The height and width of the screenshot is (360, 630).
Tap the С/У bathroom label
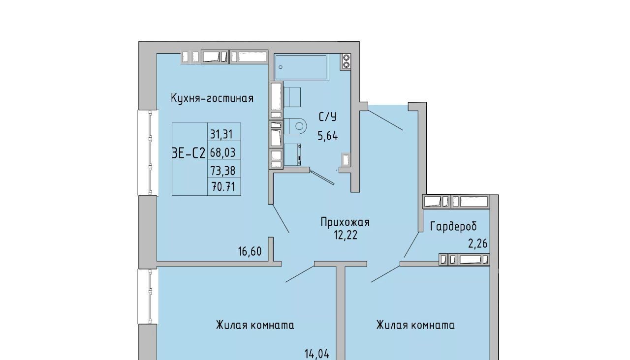[x=328, y=117]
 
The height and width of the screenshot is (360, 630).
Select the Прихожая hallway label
[x=345, y=222]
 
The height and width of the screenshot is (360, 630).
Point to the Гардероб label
[x=453, y=226]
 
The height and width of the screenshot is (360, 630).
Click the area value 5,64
[x=328, y=136]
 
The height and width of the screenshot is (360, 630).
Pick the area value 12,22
[x=346, y=235]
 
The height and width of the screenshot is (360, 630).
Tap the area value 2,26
[x=477, y=243]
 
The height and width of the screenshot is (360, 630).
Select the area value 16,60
[x=250, y=251]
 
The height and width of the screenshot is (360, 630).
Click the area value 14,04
[x=316, y=354]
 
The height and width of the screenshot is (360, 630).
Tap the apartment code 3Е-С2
[x=188, y=153]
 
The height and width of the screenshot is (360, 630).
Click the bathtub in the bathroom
[x=301, y=67]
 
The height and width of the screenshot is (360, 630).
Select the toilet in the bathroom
[x=295, y=126]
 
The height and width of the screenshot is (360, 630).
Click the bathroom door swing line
[x=322, y=178]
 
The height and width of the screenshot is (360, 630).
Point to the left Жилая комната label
[x=255, y=325]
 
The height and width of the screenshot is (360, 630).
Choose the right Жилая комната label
[x=415, y=325]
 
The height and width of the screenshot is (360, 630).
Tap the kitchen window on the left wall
[x=148, y=152]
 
